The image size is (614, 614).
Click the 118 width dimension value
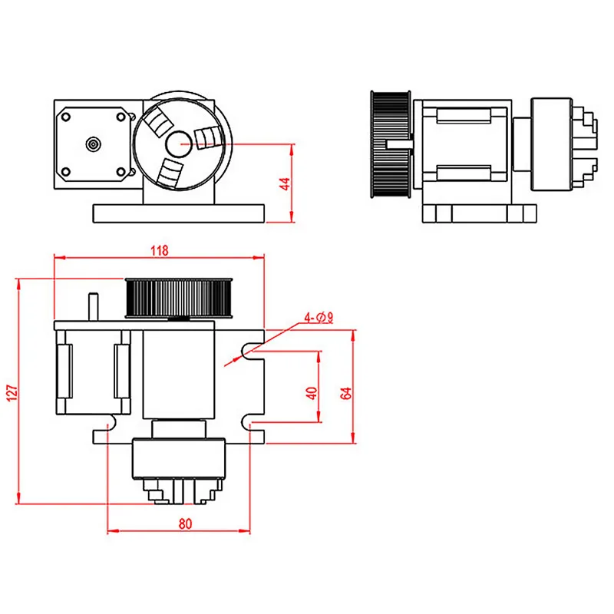point(160,250)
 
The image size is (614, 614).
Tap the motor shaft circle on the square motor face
point(93,143)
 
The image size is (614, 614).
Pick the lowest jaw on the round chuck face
point(168,170)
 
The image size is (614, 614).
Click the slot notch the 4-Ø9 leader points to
point(249,351)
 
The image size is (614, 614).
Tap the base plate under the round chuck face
point(180,213)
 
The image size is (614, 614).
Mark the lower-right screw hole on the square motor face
point(120,171)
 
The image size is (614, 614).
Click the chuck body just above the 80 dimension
point(179,460)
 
